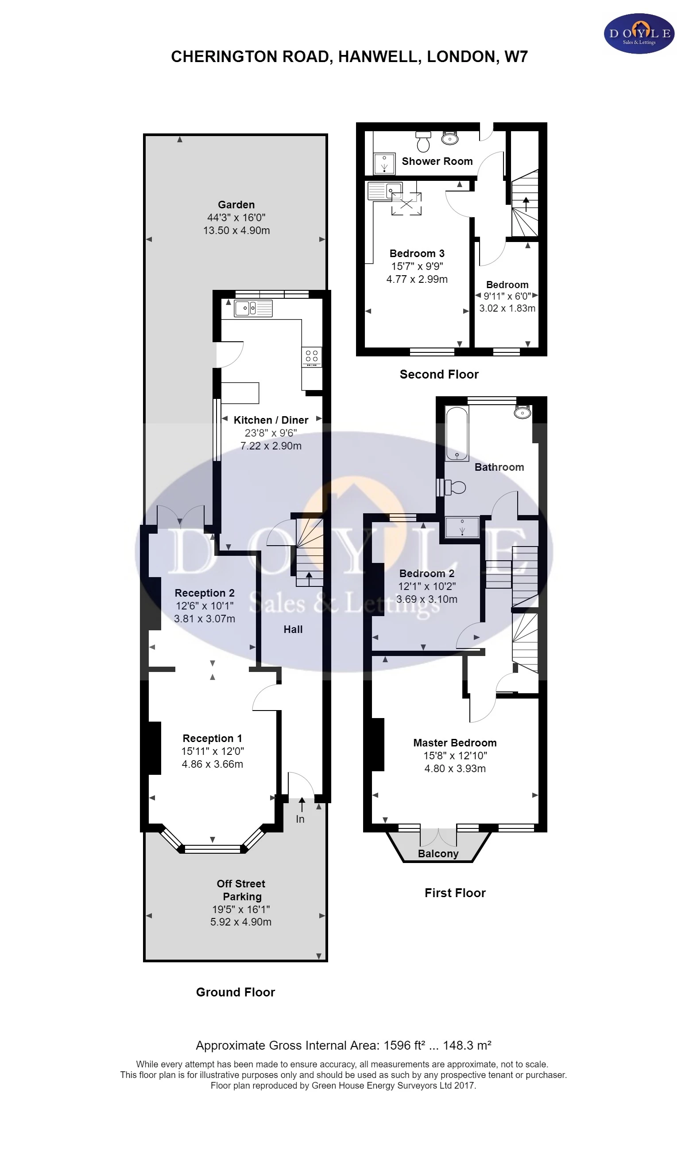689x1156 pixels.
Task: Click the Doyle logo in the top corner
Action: point(639,33)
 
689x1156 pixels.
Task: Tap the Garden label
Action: point(236,205)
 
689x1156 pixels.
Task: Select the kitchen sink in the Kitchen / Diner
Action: point(253,308)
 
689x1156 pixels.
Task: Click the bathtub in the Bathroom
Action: point(457,434)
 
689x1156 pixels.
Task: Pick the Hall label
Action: point(293,629)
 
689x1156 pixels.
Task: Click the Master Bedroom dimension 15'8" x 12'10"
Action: point(455,756)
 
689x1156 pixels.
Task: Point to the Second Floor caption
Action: point(439,375)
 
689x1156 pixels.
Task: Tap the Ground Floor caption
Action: point(236,992)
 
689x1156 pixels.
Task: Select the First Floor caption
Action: point(455,893)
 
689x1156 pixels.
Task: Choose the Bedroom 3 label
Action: point(417,254)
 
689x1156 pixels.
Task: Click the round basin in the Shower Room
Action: point(450,138)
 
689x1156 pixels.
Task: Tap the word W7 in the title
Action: point(516,57)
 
